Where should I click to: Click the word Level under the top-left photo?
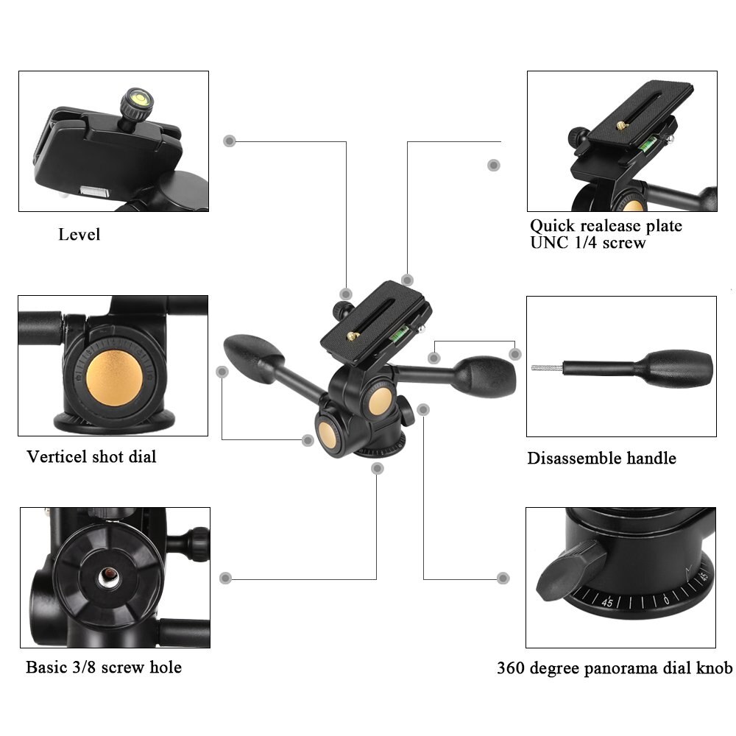[79, 235]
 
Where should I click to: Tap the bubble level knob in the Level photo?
[138, 101]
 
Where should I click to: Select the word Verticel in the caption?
[56, 456]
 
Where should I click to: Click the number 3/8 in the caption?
[85, 668]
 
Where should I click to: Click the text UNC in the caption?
[549, 242]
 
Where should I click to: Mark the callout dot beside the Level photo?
[230, 140]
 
